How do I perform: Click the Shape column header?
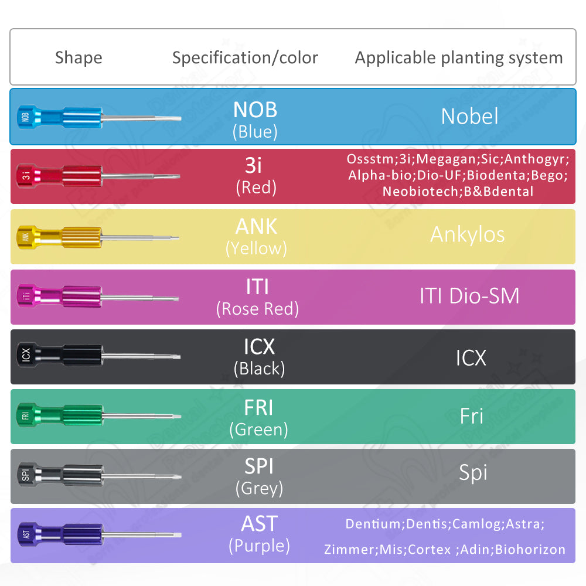pos(79,58)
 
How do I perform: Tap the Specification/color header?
pos(245,58)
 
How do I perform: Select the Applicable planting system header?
pos(458,58)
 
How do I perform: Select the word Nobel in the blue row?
pos(469,116)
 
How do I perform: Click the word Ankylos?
pos(467,234)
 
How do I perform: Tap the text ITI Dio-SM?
pos(469,295)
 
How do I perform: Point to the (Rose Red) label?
pos(257,309)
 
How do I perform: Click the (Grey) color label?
pos(258,488)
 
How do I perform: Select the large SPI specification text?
pos(258,466)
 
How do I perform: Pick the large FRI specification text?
pos(258,407)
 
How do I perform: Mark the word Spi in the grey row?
pos(472,473)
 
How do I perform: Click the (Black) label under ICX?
pos(258,369)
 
